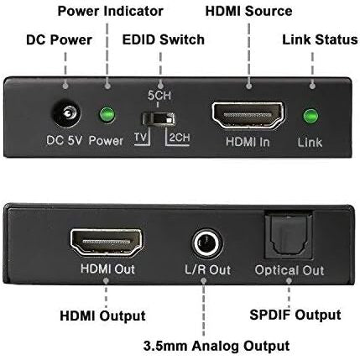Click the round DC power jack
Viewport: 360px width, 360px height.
click(66, 114)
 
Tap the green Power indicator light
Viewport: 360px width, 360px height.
click(107, 115)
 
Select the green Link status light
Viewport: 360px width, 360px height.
click(310, 116)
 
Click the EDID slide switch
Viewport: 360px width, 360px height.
click(159, 118)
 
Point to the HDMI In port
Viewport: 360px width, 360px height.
click(248, 115)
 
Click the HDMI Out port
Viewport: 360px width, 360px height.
click(107, 243)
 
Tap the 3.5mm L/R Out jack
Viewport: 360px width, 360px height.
click(206, 243)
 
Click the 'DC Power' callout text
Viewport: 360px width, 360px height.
click(59, 39)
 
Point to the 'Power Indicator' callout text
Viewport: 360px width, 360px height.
click(110, 11)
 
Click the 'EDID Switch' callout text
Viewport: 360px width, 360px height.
click(164, 39)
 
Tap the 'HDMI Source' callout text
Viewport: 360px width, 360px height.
click(248, 11)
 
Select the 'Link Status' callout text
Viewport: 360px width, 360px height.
click(320, 39)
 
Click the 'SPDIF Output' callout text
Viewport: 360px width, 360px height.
click(295, 315)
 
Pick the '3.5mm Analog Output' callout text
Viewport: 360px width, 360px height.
click(217, 346)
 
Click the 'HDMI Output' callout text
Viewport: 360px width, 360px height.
click(102, 316)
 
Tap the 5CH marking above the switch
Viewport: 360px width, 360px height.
click(159, 96)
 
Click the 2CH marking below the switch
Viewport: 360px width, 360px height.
click(180, 138)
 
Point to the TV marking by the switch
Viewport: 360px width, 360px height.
click(140, 138)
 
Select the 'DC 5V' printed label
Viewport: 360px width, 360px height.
click(64, 140)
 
